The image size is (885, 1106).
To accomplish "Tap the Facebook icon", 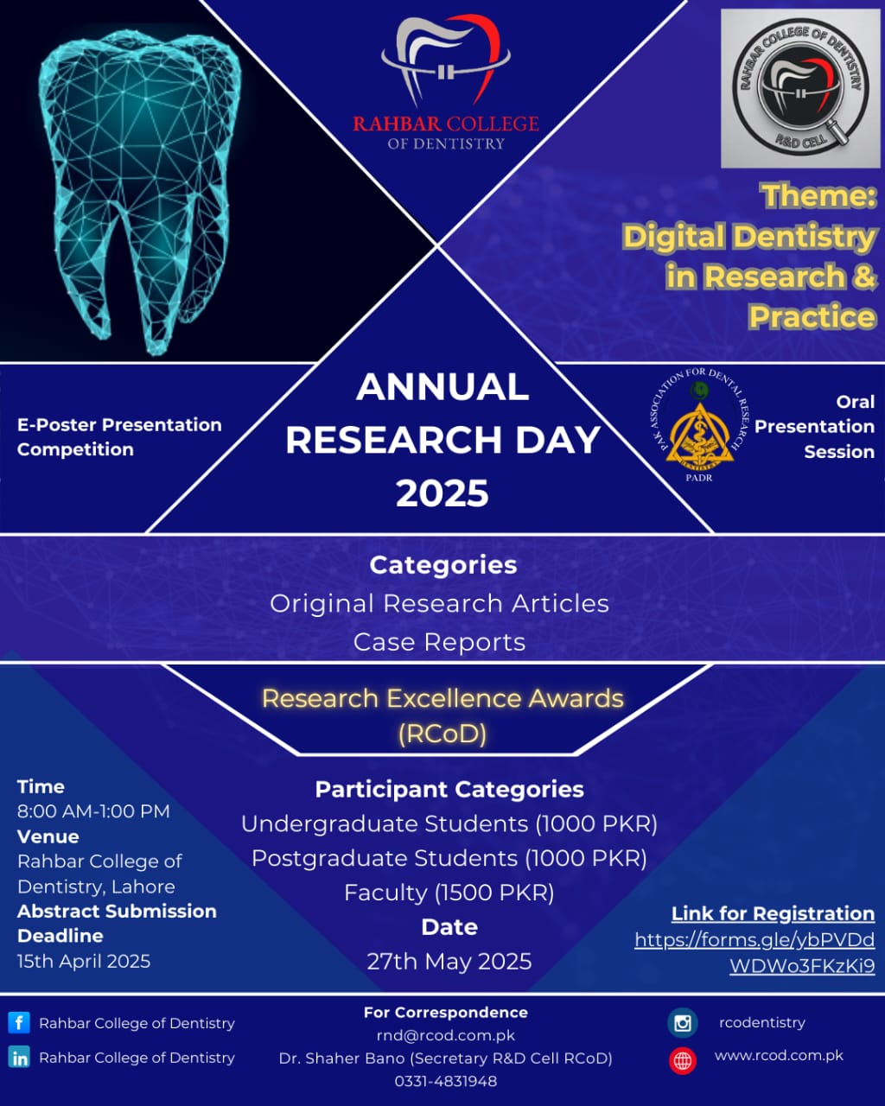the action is tap(19, 1022).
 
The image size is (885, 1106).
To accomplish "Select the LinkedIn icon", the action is tap(19, 1057).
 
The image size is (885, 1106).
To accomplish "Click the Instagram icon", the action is tap(683, 1023).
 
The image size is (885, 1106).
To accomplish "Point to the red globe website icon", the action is tap(683, 1060).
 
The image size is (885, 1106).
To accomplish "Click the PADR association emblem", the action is tap(699, 425).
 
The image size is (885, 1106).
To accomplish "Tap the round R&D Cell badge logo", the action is tap(800, 89).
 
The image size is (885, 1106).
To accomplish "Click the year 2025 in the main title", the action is tap(442, 493).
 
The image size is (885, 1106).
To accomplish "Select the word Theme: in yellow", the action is tap(818, 196).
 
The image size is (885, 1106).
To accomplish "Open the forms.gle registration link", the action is tap(754, 952).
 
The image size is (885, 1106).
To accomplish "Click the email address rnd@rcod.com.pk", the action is tap(445, 1035).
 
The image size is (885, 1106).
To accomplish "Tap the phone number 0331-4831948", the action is tap(445, 1081).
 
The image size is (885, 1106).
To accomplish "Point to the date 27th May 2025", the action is tap(449, 961).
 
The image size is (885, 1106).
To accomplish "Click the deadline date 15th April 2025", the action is tap(84, 961).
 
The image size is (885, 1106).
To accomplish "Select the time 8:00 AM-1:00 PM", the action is tap(93, 811).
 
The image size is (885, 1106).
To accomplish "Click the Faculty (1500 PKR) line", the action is tap(449, 893).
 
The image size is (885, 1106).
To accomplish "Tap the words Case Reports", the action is tap(439, 642).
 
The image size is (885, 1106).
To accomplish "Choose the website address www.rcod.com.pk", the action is tap(779, 1056).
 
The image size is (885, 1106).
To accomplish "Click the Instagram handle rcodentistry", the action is tap(762, 1023).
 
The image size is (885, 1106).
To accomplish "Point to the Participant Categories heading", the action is tap(449, 790).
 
